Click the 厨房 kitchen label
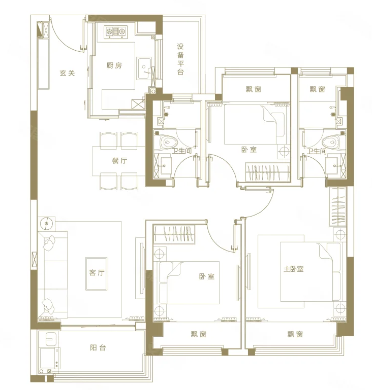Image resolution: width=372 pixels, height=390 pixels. point(114,65)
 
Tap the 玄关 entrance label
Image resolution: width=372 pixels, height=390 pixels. point(67,73)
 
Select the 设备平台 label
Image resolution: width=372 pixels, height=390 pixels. point(180,59)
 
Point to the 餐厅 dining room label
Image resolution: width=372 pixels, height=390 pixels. point(119,160)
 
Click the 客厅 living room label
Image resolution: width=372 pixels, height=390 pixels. point(97,273)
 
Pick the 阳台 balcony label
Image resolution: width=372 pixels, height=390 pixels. point(98,347)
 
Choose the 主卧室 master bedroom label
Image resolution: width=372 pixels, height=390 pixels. point(294,269)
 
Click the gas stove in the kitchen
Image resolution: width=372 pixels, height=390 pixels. point(115,32)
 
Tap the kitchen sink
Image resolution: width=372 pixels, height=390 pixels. point(144,68)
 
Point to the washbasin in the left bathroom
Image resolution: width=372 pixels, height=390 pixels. point(165,165)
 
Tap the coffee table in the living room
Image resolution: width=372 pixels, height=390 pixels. point(97,273)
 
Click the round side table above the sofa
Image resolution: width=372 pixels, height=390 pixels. point(47,223)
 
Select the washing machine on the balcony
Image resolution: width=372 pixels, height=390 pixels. point(49,358)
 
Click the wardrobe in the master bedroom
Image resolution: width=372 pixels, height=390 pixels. point(337,206)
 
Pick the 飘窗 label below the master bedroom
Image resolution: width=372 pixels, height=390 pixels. point(295,334)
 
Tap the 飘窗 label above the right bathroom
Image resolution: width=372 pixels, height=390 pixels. point(318,89)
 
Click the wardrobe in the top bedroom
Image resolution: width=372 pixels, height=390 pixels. point(268,172)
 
